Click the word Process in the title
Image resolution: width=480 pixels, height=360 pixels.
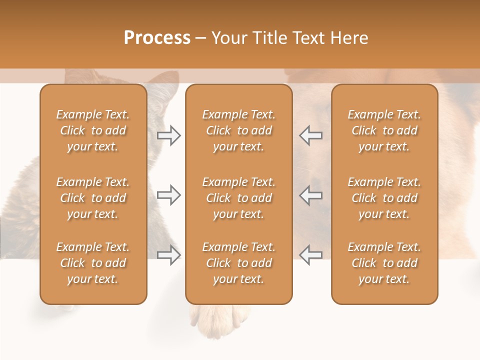point(157,38)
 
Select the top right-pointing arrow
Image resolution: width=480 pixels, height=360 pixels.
point(169,135)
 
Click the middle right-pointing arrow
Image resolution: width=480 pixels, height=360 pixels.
point(169,195)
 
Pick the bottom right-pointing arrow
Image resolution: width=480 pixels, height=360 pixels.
point(169,255)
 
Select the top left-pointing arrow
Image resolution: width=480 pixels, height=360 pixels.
point(310,135)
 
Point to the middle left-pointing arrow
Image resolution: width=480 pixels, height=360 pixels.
point(310,195)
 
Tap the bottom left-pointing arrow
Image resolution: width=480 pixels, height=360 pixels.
point(310,255)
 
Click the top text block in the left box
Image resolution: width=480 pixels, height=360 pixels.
point(93,130)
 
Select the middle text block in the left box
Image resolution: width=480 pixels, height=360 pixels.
point(93,198)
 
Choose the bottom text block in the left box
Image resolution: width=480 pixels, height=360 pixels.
point(93,263)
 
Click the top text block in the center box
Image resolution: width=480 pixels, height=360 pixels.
point(238,130)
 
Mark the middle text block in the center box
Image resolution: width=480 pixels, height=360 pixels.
point(238,198)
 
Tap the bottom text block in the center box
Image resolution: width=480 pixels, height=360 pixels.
point(238,263)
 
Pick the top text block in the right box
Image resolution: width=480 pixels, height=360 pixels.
point(384,130)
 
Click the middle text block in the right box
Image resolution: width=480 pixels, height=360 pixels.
point(384,198)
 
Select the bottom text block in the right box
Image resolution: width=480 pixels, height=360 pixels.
point(384,263)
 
